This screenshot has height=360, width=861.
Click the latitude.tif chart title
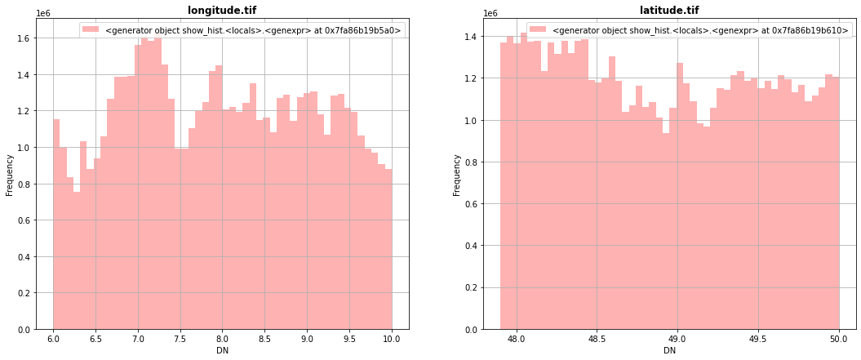click(669, 11)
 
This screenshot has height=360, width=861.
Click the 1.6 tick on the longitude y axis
click(24, 38)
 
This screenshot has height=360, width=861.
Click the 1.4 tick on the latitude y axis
click(471, 37)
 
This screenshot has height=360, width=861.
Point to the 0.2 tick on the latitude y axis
click(471, 287)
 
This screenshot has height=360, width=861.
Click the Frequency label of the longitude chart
click(9, 175)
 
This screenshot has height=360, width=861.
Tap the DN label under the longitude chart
click(223, 351)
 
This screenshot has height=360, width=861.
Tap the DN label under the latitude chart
click(670, 351)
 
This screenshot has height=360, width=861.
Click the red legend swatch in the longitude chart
click(91, 29)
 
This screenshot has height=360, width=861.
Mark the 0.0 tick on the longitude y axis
click(24, 330)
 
